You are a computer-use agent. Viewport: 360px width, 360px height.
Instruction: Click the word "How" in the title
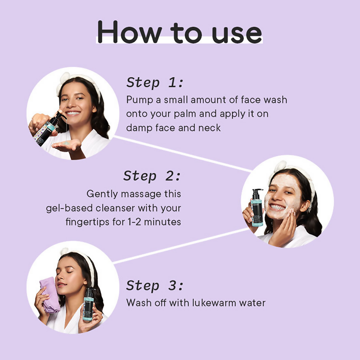pos(130,31)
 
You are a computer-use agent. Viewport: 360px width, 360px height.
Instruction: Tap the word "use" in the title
pos(237,35)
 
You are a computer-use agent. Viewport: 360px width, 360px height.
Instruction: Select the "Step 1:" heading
pos(155,82)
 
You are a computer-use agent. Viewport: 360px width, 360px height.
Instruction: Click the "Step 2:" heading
pos(152,176)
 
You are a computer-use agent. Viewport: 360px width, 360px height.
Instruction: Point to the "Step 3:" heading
pos(155,286)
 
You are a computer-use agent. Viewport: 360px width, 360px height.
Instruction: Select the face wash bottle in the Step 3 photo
pos(89,305)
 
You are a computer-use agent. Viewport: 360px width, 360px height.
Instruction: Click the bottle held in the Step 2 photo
pos(257,207)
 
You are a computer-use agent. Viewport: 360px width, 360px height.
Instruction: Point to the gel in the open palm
pos(67,144)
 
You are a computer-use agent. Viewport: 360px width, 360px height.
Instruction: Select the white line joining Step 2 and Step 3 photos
pos(181,246)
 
